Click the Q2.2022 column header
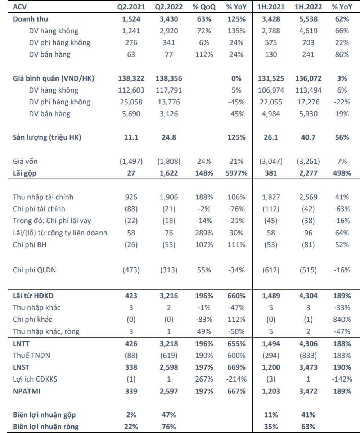coord(169,7)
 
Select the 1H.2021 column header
coord(271,7)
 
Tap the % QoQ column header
coord(204,7)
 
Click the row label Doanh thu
coord(31,19)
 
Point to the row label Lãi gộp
coord(25,173)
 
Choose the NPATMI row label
coord(27,391)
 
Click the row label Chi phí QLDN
coord(35,270)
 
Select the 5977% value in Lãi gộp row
coord(237,173)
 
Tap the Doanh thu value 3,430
coord(169,19)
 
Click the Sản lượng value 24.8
coord(169,137)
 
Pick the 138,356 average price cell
coord(169,78)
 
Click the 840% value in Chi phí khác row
coord(342,319)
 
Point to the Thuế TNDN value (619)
coord(169,356)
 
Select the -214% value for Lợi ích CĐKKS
coord(237,379)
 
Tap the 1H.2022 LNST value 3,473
coord(308,367)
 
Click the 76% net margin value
coord(169,427)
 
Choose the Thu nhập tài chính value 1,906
coord(169,197)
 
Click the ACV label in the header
coord(20,7)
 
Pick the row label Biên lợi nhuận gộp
coord(44,415)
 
